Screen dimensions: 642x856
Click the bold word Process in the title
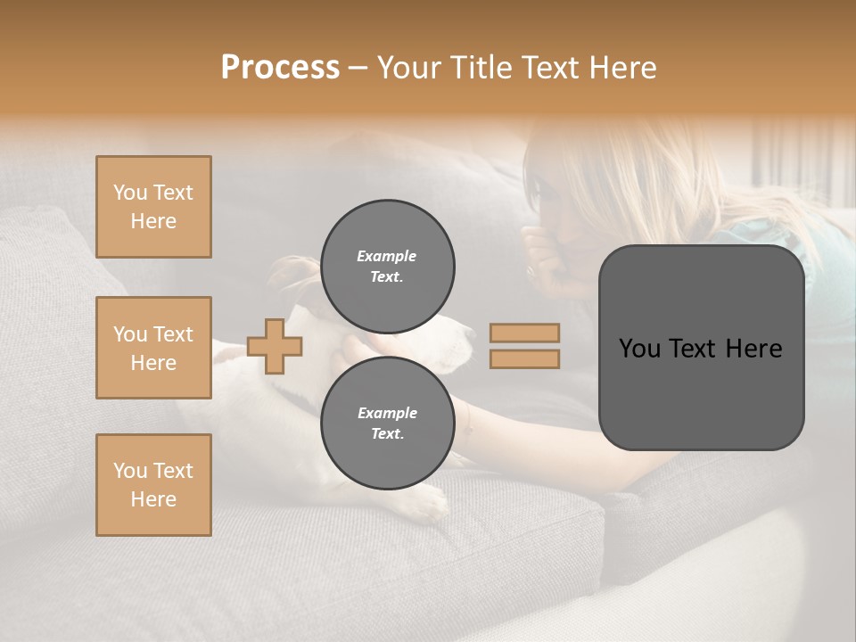click(x=280, y=68)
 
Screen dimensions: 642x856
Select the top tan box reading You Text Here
click(x=153, y=207)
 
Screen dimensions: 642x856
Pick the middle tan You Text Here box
click(x=153, y=348)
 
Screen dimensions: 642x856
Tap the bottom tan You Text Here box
click(x=153, y=484)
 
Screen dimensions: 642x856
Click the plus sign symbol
click(x=275, y=346)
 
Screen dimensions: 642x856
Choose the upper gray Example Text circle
click(x=387, y=267)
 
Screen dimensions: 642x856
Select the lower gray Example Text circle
click(x=387, y=424)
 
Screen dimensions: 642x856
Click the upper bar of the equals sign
click(x=524, y=333)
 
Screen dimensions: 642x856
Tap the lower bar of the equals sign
click(x=524, y=359)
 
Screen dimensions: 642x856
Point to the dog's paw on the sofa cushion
click(x=426, y=505)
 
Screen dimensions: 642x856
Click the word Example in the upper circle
click(x=386, y=256)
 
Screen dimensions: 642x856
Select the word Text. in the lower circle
click(x=387, y=434)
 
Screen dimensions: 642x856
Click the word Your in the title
click(x=408, y=68)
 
